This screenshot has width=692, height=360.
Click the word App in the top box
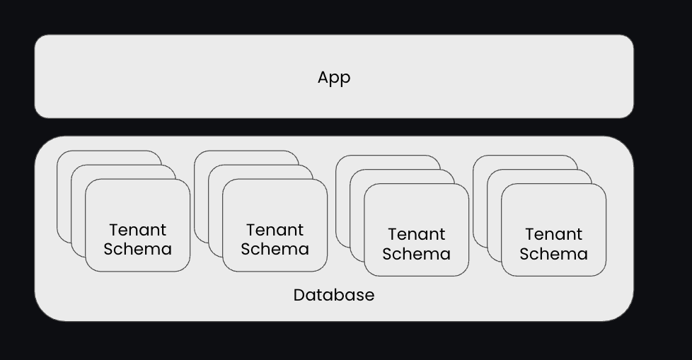point(333,78)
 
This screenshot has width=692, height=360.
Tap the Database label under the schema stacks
point(333,295)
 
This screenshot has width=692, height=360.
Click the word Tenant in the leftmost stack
point(138,230)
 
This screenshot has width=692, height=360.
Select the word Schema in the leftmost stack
point(137,249)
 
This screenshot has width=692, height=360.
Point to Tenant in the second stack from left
point(275,230)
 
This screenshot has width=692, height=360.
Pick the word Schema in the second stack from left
point(275,249)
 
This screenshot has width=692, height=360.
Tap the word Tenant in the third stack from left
point(416,234)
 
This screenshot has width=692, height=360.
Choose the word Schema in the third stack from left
point(416,253)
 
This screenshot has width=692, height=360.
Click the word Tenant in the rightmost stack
point(553,234)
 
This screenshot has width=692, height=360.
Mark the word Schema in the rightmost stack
point(553,253)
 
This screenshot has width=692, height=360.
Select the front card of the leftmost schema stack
point(137,205)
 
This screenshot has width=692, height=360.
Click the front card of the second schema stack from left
point(275,205)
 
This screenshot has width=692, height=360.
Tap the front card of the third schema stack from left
point(416,209)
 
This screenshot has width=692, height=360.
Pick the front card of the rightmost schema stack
point(553,209)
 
